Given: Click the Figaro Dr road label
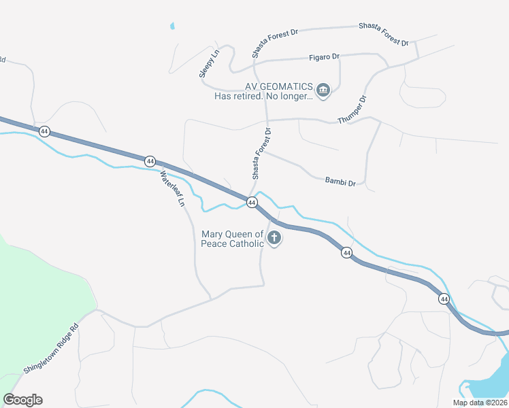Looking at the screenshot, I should [x=324, y=56].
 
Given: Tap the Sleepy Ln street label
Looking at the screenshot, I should [x=210, y=63].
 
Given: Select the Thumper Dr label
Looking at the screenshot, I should [x=352, y=109].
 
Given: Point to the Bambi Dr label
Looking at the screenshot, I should [x=340, y=182].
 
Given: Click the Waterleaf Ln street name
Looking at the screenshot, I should [x=173, y=189].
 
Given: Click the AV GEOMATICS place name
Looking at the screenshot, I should [x=279, y=86].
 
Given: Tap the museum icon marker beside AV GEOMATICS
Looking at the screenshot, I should [x=323, y=90].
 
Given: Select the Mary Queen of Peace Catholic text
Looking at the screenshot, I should [x=232, y=239].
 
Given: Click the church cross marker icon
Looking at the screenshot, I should [x=274, y=238].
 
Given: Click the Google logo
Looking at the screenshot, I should [x=22, y=400].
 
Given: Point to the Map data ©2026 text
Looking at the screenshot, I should [x=480, y=403].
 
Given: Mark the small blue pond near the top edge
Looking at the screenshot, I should [x=172, y=27].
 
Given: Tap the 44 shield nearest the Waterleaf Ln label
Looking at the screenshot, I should [x=150, y=161].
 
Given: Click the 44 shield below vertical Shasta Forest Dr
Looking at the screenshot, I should [x=252, y=203].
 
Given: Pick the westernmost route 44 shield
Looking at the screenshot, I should [x=44, y=131].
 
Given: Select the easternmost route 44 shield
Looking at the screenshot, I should [x=444, y=299].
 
